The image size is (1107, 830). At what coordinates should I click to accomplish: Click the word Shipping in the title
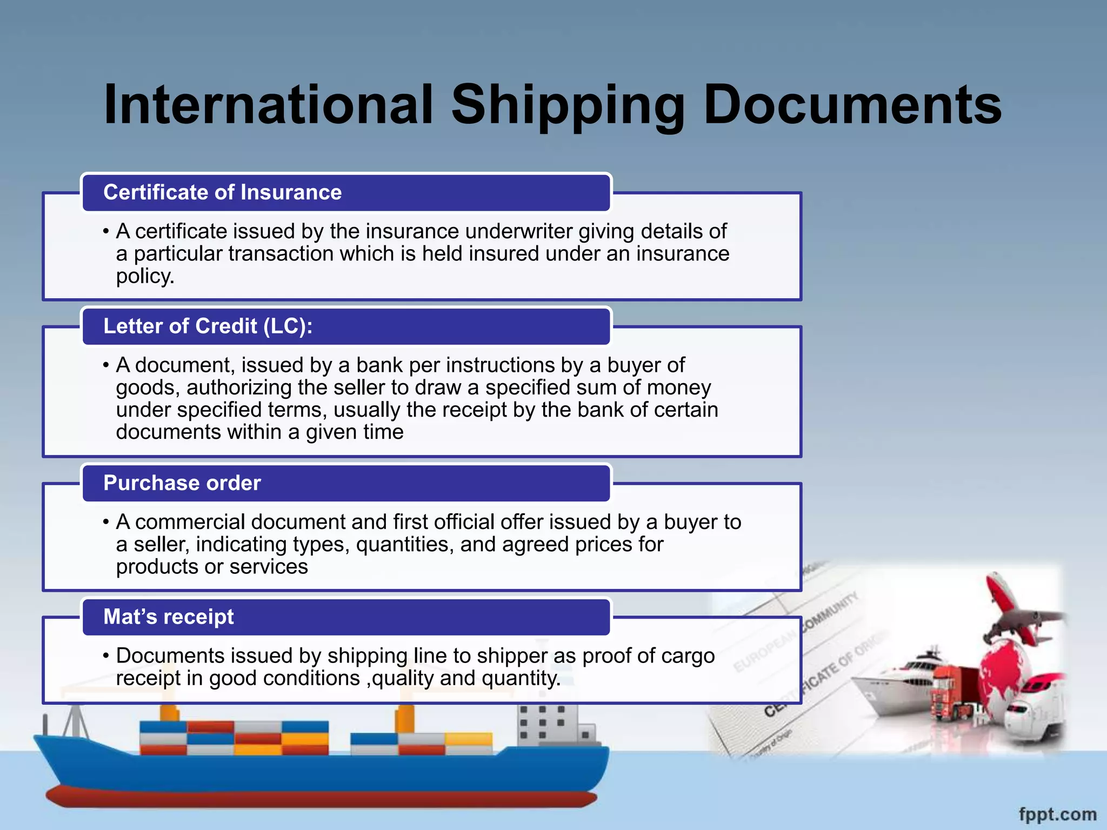click(568, 105)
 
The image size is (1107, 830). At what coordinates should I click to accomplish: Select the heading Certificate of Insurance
click(222, 192)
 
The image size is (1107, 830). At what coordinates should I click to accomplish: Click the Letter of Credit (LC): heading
click(208, 326)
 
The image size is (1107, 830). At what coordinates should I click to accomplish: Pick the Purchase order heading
click(182, 483)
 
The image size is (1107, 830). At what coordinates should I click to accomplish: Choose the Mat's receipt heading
click(169, 617)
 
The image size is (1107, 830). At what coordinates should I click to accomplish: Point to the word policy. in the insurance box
click(145, 276)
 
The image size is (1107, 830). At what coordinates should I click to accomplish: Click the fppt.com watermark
click(1057, 814)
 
